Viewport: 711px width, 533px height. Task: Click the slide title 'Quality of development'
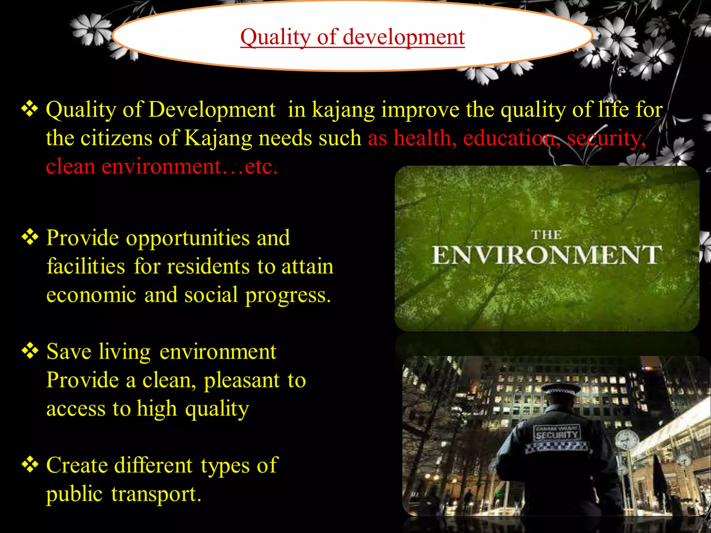coord(352,37)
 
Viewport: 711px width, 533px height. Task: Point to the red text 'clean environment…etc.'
coord(161,167)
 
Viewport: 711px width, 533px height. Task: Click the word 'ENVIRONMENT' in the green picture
coord(546,255)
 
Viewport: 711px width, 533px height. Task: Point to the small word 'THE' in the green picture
coord(546,235)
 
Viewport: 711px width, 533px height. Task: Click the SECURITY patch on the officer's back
coord(557,434)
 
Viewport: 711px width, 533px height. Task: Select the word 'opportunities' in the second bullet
coord(187,239)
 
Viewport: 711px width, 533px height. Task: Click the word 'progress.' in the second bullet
coord(288,296)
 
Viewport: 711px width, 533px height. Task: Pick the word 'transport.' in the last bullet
coord(156,494)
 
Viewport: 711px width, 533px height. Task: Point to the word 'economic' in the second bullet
coord(91,296)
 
